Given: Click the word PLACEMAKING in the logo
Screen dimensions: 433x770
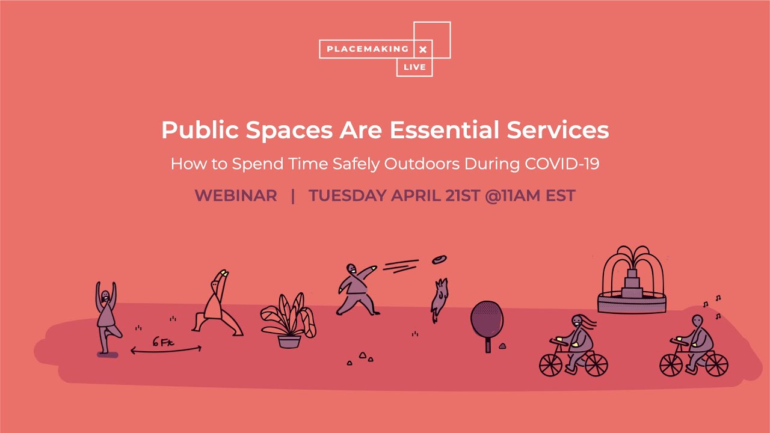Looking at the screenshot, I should pyautogui.click(x=366, y=49).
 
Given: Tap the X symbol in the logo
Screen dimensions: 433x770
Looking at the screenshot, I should pyautogui.click(x=423, y=49).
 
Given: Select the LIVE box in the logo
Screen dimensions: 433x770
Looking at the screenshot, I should pyautogui.click(x=414, y=67).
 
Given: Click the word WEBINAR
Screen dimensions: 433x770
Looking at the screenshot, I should pyautogui.click(x=236, y=195).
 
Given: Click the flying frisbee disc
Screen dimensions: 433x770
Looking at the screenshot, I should pyautogui.click(x=439, y=260).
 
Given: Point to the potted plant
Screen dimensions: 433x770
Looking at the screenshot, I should pyautogui.click(x=288, y=322).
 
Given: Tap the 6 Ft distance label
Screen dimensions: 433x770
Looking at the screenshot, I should pyautogui.click(x=163, y=342).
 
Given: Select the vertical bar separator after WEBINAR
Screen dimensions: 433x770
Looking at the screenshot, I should pyautogui.click(x=293, y=195).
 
